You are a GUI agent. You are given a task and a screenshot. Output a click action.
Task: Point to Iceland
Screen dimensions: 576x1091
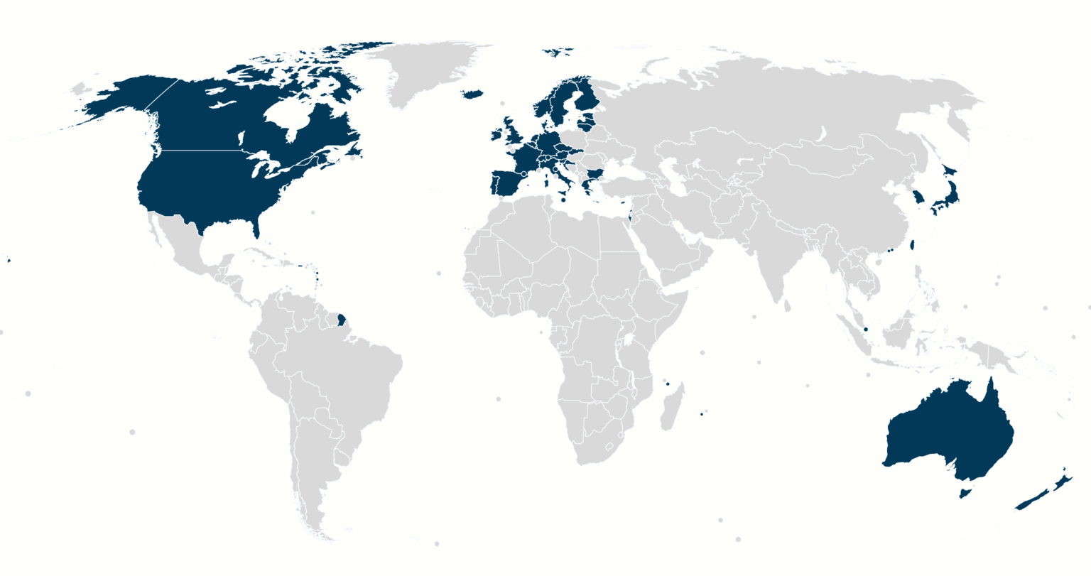point(472,94)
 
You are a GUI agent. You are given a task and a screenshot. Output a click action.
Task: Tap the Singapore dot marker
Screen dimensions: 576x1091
point(866,330)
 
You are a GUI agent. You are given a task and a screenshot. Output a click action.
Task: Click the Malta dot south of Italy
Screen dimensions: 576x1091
point(563,200)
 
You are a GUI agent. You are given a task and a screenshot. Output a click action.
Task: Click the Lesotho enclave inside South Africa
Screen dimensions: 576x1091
point(609,446)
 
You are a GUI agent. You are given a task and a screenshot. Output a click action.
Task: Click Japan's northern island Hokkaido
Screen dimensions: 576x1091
point(950,171)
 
